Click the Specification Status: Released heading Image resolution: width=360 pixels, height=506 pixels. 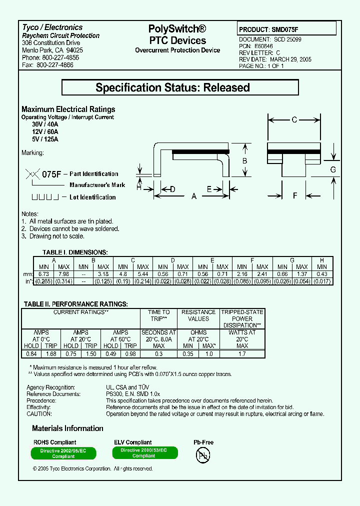tap(179, 87)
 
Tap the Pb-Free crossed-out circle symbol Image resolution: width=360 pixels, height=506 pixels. tap(203, 455)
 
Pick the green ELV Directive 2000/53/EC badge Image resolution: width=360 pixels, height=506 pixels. tap(144, 452)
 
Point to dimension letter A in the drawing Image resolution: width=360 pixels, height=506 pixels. tap(194, 196)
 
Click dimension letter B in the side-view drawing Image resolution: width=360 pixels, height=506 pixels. tap(244, 161)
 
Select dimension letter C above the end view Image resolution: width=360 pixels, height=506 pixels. tap(294, 119)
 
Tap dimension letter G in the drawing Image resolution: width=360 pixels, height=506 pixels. tap(333, 169)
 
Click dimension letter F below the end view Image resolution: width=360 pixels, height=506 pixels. tap(295, 195)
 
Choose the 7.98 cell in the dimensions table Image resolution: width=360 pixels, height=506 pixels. tap(63, 274)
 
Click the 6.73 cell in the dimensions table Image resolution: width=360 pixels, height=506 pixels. tap(43, 274)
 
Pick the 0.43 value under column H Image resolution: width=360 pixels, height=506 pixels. tap(321, 274)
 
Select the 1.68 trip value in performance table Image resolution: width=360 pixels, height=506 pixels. tap(50, 354)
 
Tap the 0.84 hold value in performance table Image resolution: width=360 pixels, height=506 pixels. tap(31, 354)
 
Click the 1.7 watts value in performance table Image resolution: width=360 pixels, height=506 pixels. tap(242, 354)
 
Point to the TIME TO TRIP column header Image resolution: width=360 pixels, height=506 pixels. tap(158, 315)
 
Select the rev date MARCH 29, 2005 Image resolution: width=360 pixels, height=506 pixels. tap(292, 59)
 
